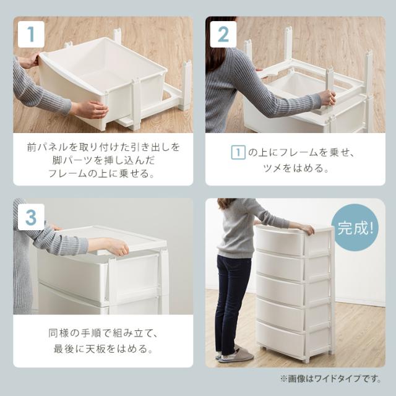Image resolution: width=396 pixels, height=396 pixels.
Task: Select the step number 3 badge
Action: [x=30, y=217]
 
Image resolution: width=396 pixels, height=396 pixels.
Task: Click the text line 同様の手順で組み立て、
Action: [x=103, y=334]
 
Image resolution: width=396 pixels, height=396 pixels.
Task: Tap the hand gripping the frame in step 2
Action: [x=326, y=98]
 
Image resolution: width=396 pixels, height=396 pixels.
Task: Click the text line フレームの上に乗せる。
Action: [x=103, y=174]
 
